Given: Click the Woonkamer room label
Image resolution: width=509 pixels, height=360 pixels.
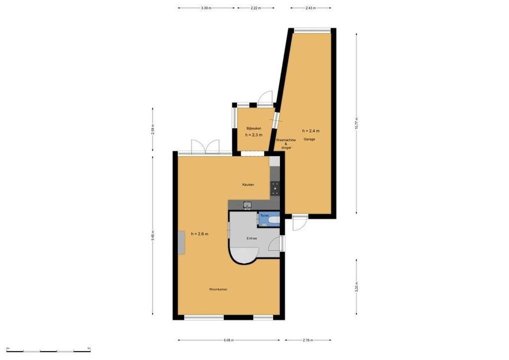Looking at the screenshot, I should tap(218, 289).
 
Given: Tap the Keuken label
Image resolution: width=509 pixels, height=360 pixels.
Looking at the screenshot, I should tap(248, 184).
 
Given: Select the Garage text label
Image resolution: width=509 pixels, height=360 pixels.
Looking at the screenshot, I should tap(309, 139).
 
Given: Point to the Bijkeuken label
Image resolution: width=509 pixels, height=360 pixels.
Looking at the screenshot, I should tap(253, 128).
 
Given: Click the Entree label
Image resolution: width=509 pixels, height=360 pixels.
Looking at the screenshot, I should tap(251, 238).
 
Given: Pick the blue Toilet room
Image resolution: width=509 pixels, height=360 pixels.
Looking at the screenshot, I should tap(268, 219).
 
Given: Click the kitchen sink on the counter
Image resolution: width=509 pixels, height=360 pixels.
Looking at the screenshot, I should tap(247, 204).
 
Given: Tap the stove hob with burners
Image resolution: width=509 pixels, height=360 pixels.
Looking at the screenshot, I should tap(275, 188).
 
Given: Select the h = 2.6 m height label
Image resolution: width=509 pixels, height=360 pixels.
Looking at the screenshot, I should tap(199, 233).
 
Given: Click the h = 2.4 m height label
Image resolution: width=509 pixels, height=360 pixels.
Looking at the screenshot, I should tap(310, 131).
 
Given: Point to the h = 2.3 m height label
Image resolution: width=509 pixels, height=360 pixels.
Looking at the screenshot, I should tap(253, 135).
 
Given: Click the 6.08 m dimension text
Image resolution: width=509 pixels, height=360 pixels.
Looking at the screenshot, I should tap(228, 340).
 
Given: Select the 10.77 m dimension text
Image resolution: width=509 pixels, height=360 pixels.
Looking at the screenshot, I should tap(356, 123).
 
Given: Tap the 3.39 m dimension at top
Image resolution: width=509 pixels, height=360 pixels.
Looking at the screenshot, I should tap(206, 8).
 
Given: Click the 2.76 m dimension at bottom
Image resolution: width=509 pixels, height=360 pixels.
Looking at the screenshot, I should tap(308, 340).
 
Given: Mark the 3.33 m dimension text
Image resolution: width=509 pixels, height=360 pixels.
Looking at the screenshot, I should tap(356, 287).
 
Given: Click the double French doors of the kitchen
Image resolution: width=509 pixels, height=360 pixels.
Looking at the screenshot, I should tap(205, 147).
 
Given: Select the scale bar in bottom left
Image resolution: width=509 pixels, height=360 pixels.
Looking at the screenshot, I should tap(48, 350).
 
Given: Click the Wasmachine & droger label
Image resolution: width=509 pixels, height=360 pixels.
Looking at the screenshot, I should tap(285, 144).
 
